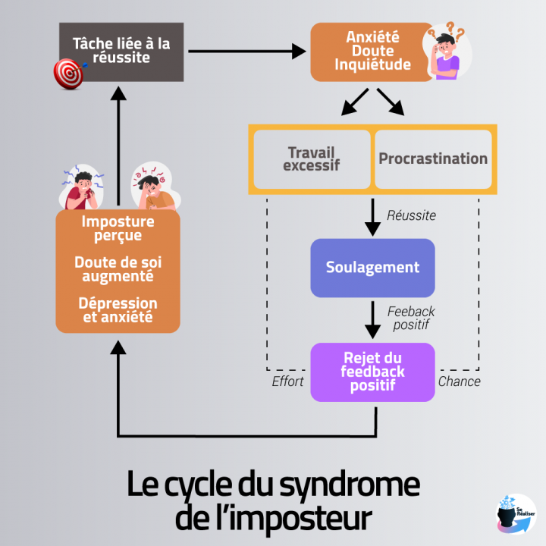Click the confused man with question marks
click(447, 53)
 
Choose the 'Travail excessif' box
click(311, 159)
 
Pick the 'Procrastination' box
click(433, 159)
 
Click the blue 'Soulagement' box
click(372, 268)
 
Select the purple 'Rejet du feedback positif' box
click(372, 372)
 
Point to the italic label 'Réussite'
click(411, 215)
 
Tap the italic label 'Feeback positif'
click(411, 318)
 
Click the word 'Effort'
click(287, 381)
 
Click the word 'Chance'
click(459, 381)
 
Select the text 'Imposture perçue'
click(118, 228)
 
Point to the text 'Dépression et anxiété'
click(118, 309)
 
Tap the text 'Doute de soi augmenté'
click(118, 268)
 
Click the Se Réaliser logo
click(515, 513)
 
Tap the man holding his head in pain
click(154, 187)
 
